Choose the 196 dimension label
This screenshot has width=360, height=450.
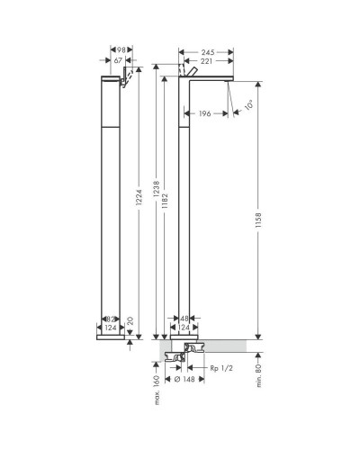206,112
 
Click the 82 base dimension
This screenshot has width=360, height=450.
107,318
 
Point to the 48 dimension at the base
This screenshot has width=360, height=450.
185,318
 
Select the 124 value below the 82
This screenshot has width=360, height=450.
111,328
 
